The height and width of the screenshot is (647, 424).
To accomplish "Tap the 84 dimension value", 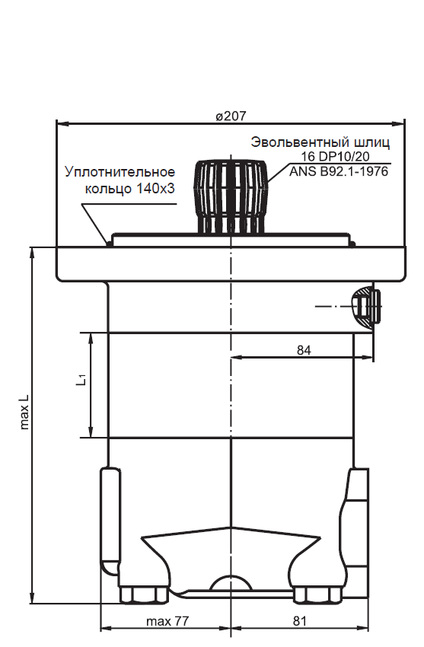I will pos(304,349).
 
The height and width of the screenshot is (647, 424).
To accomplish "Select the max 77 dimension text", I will pos(167,621).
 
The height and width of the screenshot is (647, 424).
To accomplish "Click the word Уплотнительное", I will pos(120,172).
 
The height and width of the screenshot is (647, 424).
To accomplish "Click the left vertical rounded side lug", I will pos(110,521).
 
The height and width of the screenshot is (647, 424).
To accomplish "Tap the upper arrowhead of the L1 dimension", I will pos(91,338).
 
